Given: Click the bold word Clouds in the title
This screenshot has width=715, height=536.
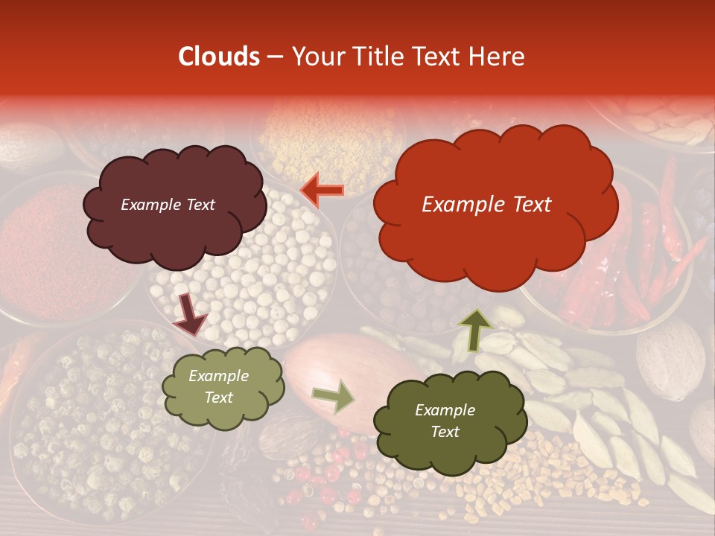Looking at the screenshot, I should coord(219,57).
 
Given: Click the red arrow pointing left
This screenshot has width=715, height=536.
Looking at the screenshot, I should coord(322,191).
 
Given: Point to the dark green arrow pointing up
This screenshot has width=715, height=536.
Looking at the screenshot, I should coord(474,330).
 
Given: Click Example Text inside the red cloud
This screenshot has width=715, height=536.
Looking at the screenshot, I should coord(486,205).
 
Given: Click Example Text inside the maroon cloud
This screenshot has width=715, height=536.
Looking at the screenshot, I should coord(168,205).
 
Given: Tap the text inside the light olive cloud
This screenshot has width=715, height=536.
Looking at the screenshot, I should coord(218,387).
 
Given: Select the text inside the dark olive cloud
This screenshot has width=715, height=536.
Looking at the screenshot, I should coord(445,421).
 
